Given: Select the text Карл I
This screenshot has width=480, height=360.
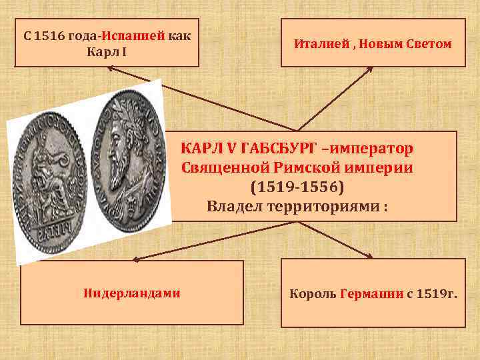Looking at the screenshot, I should tap(107, 51).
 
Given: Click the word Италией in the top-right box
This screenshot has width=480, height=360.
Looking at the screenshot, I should tap(318, 44).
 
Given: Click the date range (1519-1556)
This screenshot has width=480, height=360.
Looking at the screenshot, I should tap(297, 187).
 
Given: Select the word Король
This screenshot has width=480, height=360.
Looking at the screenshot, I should tap(313, 293).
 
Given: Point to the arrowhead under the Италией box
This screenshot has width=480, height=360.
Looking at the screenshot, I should tap(369, 69).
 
